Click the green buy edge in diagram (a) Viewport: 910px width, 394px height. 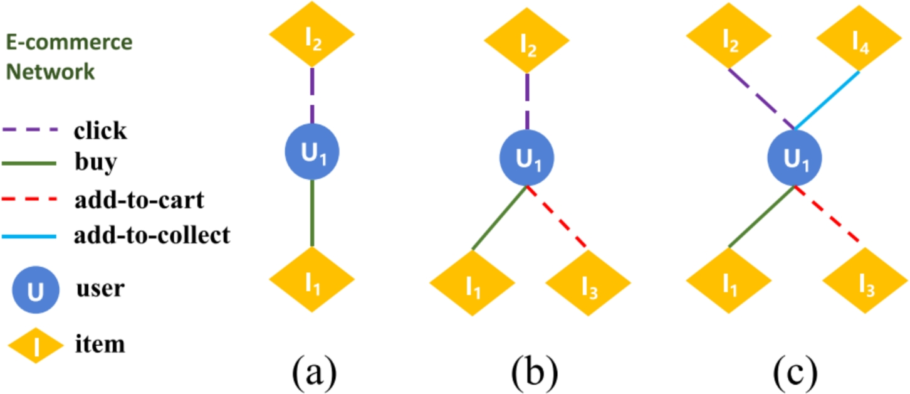(x=312, y=213)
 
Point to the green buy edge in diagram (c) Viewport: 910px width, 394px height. (x=762, y=216)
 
